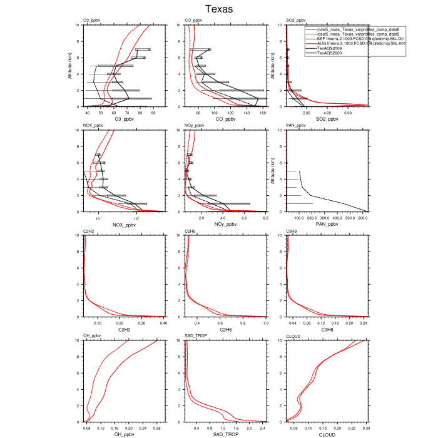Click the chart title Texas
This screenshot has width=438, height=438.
(219, 9)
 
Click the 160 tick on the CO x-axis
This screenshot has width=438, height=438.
(262, 113)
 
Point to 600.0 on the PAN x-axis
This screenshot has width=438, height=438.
(362, 218)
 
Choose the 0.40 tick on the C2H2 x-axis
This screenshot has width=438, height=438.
(163, 323)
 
